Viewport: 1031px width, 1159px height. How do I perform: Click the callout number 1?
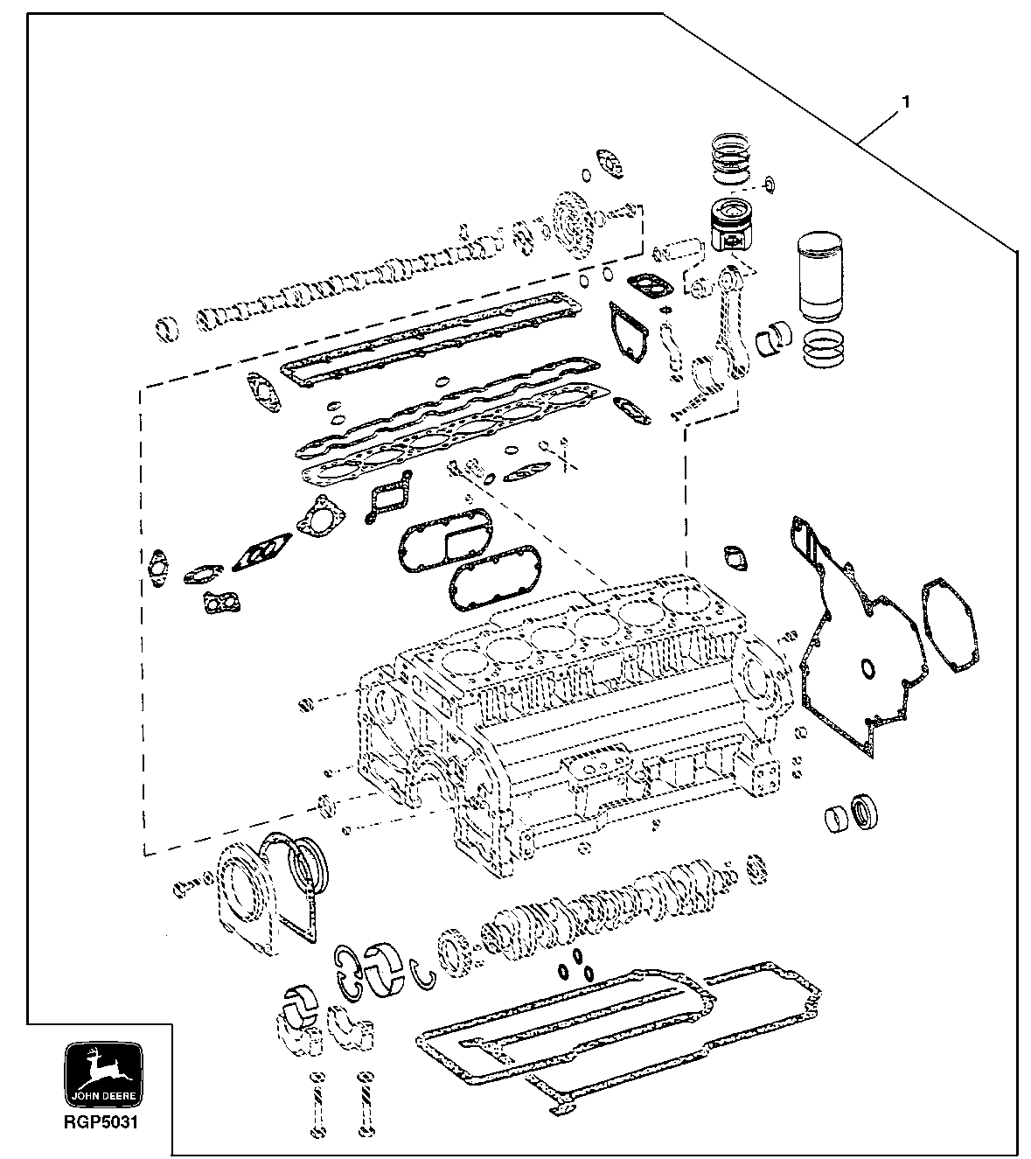point(906,102)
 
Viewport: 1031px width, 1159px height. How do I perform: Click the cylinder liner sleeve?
point(822,277)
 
